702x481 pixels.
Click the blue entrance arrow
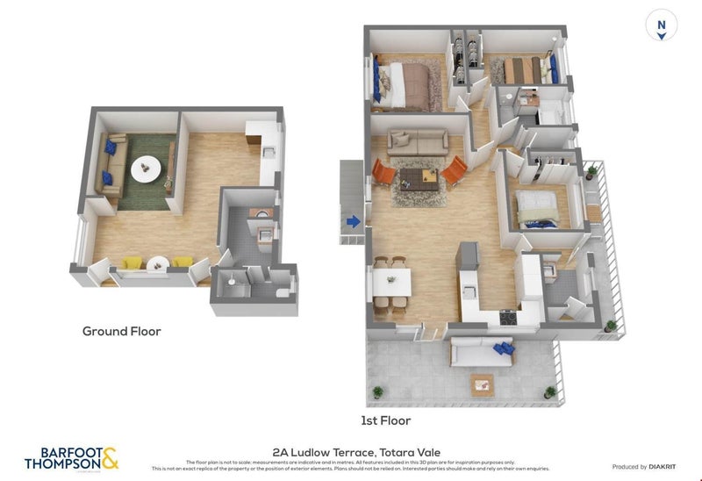tap(353, 222)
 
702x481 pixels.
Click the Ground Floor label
tap(121, 331)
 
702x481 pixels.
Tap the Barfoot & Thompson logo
tap(71, 457)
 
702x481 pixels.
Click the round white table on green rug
tap(146, 168)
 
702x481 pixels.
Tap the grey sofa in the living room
tap(417, 140)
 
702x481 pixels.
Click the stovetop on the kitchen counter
tap(507, 317)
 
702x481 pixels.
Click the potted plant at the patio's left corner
tap(377, 391)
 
